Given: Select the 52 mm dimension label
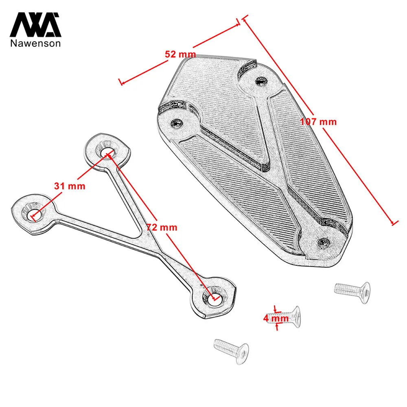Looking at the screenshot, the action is [180, 54].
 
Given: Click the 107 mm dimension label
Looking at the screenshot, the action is [319, 121].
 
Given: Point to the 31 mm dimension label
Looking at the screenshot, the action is [70, 186].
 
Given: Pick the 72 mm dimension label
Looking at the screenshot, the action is [162, 227].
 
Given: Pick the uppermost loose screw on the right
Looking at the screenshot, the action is [352, 289].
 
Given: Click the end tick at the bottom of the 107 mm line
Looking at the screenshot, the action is [393, 223].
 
